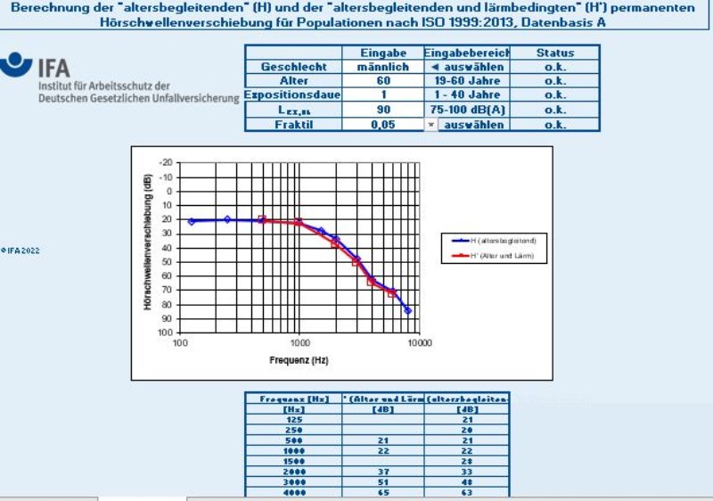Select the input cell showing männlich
[382, 67]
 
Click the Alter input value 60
[382, 81]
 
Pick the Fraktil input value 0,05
[382, 125]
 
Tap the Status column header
[554, 53]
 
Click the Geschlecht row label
[293, 67]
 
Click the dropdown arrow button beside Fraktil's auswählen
[431, 125]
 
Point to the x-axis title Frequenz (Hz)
[299, 360]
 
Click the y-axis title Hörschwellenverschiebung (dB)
[148, 242]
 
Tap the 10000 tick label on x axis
[419, 342]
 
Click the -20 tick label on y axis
[166, 163]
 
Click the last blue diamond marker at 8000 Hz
[408, 310]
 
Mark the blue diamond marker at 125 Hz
[192, 221]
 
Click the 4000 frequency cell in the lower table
[294, 490]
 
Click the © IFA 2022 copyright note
[20, 250]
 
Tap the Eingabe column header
[382, 53]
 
